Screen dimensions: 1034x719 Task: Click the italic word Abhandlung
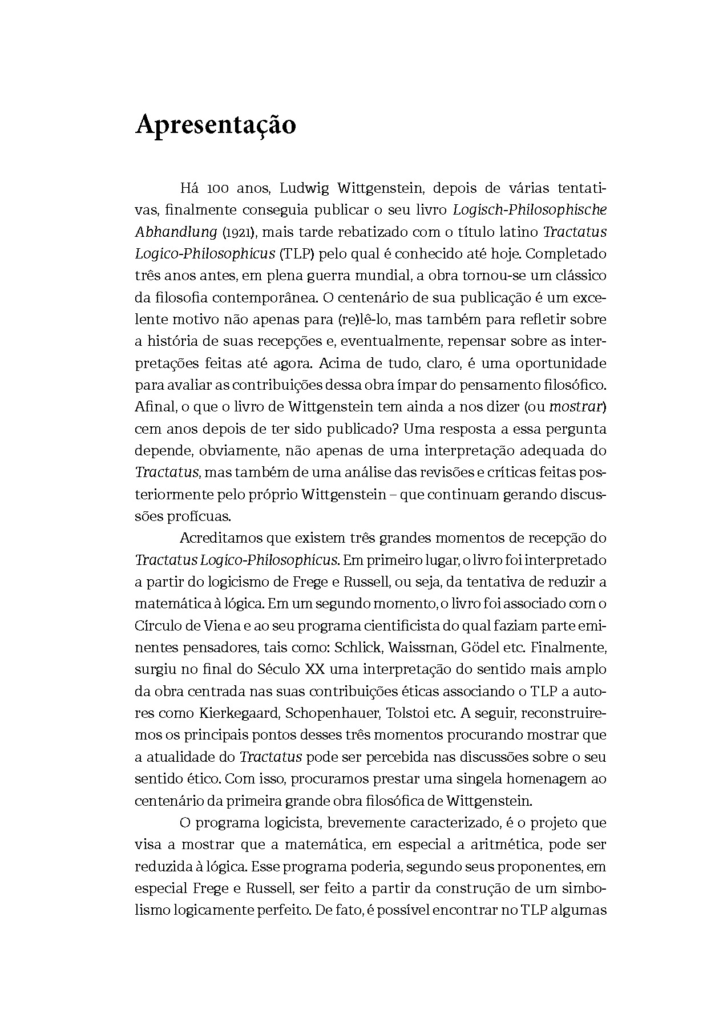tap(176, 232)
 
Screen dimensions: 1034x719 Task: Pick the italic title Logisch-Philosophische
tap(530, 209)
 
